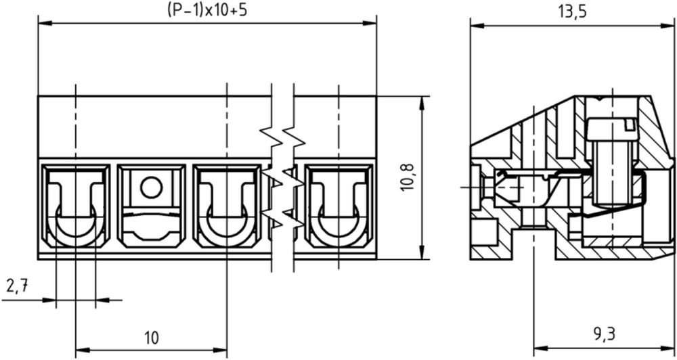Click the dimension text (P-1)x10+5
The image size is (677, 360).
[x=207, y=10]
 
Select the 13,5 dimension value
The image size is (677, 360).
[x=573, y=12]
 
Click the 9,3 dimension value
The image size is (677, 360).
[x=604, y=334]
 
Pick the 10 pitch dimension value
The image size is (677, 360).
[x=151, y=338]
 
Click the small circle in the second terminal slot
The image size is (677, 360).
[x=152, y=187]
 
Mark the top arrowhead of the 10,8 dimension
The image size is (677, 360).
[x=423, y=103]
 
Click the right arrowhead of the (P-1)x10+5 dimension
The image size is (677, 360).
[x=370, y=23]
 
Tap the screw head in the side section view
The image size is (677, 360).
[x=612, y=129]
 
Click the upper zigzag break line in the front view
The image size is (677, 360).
[x=283, y=137]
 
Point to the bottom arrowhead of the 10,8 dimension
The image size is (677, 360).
[x=423, y=252]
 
